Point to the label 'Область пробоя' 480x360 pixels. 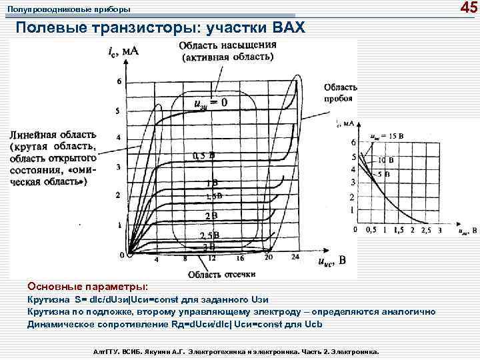341,93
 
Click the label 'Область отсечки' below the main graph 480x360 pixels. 221,273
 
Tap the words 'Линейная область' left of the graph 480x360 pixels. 53,135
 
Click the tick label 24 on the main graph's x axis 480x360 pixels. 295,258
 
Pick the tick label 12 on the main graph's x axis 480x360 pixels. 211,258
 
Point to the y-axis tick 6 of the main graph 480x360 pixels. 119,81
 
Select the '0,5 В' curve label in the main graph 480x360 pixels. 203,155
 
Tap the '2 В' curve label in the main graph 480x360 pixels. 211,215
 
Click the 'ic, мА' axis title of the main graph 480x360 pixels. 123,50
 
